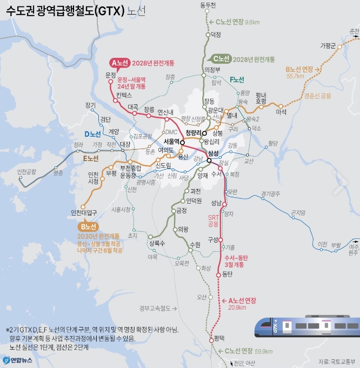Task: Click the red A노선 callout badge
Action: point(119,62)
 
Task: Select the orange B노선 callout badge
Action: point(88,226)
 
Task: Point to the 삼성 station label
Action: point(214,153)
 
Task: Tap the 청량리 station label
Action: point(193,132)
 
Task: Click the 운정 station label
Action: point(111,75)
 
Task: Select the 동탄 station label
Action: point(226,275)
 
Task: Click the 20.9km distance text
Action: point(237,307)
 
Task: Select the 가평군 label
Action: point(328,45)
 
